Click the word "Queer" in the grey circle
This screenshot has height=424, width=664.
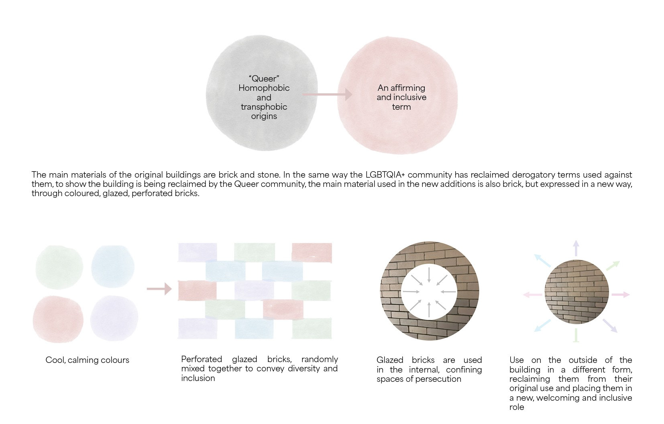(x=264, y=79)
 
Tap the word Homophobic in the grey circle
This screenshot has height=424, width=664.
(x=264, y=88)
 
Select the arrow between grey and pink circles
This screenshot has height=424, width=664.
(x=327, y=94)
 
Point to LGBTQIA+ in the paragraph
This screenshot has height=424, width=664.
(x=385, y=175)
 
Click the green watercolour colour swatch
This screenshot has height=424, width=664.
(x=59, y=267)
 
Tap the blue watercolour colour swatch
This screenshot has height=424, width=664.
(x=112, y=266)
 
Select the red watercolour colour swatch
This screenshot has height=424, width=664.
(x=58, y=319)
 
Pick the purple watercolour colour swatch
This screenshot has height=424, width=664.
(x=114, y=318)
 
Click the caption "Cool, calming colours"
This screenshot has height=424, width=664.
(x=88, y=360)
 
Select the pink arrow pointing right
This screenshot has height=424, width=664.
(x=621, y=295)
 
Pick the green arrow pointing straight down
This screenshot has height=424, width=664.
(x=576, y=336)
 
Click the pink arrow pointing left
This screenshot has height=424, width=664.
(x=532, y=295)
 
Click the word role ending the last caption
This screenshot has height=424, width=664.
(x=517, y=407)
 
